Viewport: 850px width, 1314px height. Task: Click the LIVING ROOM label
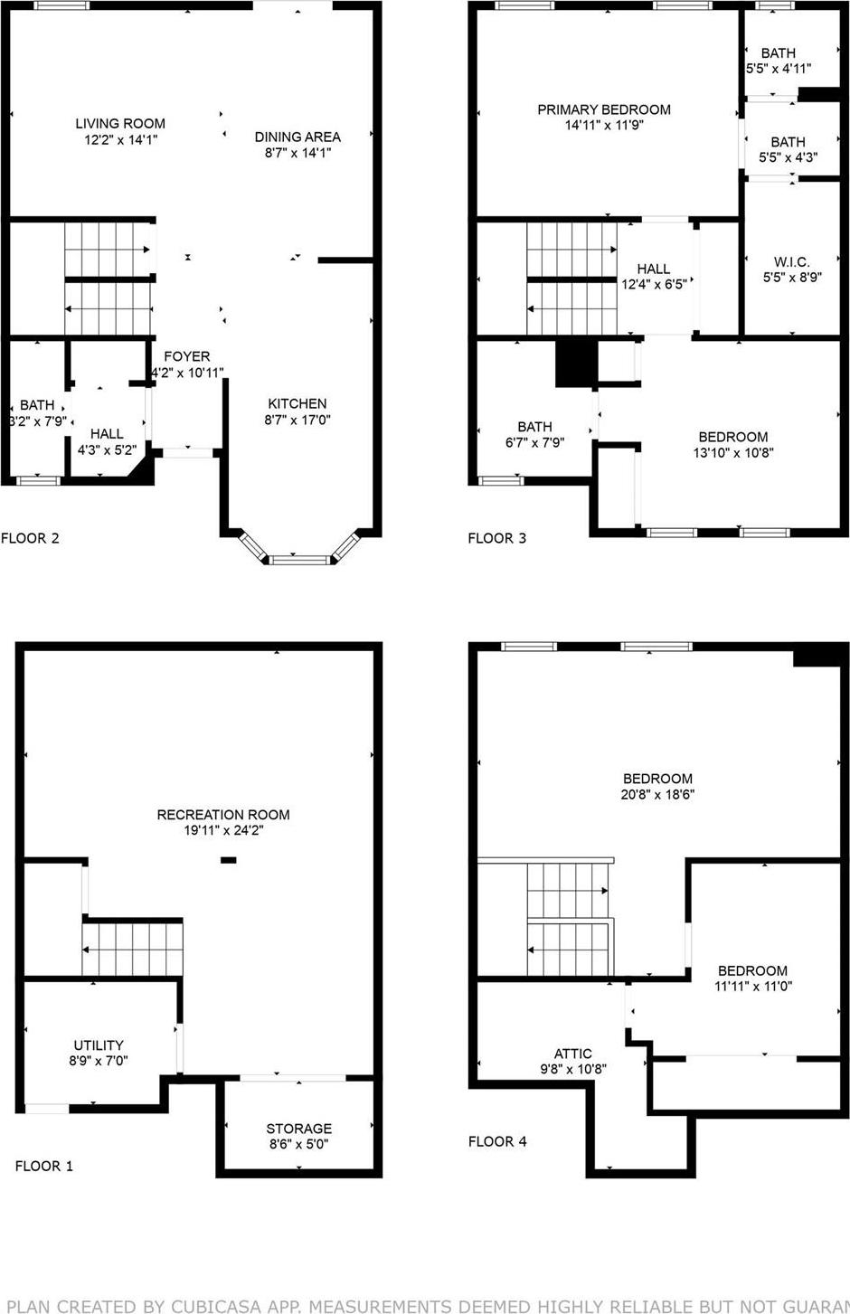(x=120, y=124)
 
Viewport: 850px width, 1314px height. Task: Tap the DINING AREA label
(x=297, y=137)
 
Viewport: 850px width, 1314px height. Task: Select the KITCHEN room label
(x=297, y=404)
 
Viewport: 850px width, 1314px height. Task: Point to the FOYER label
(x=186, y=357)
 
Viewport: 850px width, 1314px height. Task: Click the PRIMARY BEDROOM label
(x=604, y=110)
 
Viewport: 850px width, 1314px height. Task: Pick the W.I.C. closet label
(x=791, y=262)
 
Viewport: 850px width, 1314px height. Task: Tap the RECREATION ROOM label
(x=223, y=815)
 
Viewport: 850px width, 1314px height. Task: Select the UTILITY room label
(x=99, y=1045)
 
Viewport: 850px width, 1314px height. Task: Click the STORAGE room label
(x=298, y=1129)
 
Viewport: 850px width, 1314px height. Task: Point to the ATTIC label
(x=573, y=1054)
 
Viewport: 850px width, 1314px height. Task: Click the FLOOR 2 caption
(x=30, y=538)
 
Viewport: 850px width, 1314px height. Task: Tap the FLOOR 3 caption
(x=496, y=538)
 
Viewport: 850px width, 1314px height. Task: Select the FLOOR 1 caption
(x=44, y=1166)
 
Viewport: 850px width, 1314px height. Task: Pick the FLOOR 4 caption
(x=497, y=1141)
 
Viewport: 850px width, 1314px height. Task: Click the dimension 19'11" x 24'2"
(x=223, y=830)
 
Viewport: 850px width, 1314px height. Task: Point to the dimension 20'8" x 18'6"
(x=657, y=795)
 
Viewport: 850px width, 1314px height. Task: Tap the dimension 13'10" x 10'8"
(x=733, y=453)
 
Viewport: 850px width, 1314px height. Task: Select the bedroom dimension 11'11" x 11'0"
(x=753, y=987)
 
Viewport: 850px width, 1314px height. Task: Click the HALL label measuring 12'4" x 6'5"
(x=653, y=269)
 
